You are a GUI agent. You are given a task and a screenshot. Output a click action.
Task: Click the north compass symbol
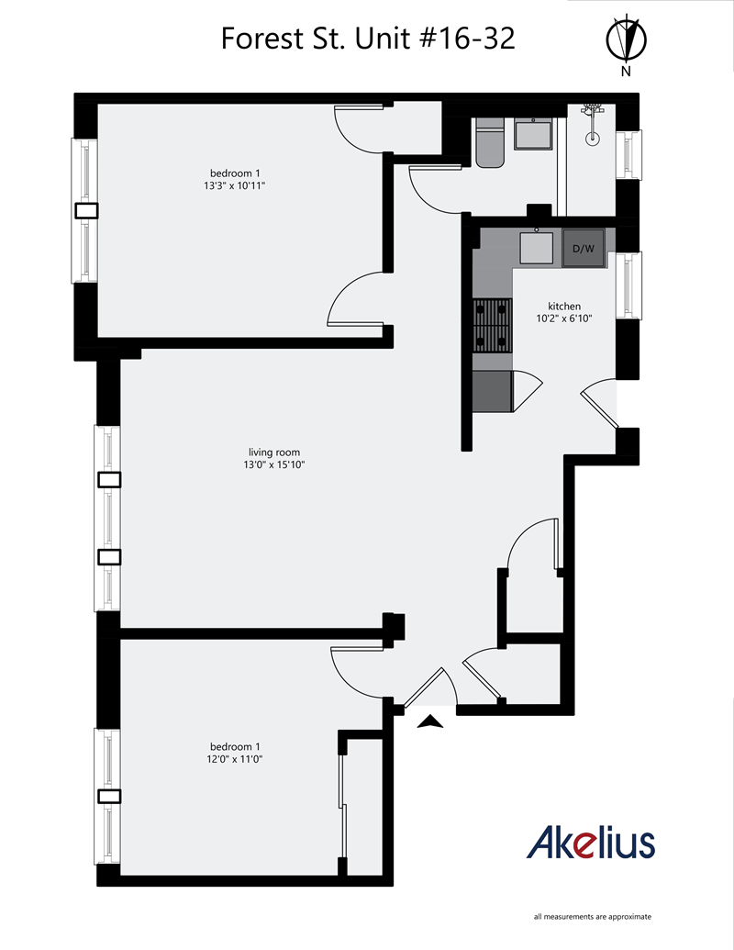point(628,41)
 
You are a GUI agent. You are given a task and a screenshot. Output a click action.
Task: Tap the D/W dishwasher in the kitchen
point(584,249)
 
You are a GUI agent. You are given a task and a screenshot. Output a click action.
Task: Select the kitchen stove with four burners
point(492,326)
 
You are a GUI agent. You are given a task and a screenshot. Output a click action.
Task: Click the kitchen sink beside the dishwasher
point(536,248)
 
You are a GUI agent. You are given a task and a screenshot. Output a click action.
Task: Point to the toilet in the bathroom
point(489,143)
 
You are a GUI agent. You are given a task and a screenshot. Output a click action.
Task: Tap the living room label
point(274,452)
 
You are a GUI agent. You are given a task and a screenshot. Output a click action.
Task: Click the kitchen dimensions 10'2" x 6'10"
point(564,319)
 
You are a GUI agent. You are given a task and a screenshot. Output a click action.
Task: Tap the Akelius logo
point(591,842)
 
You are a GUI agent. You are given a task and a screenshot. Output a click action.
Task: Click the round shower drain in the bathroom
point(593,140)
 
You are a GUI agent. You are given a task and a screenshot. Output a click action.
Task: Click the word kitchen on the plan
point(564,307)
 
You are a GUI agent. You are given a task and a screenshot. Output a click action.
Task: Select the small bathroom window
point(629,154)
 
